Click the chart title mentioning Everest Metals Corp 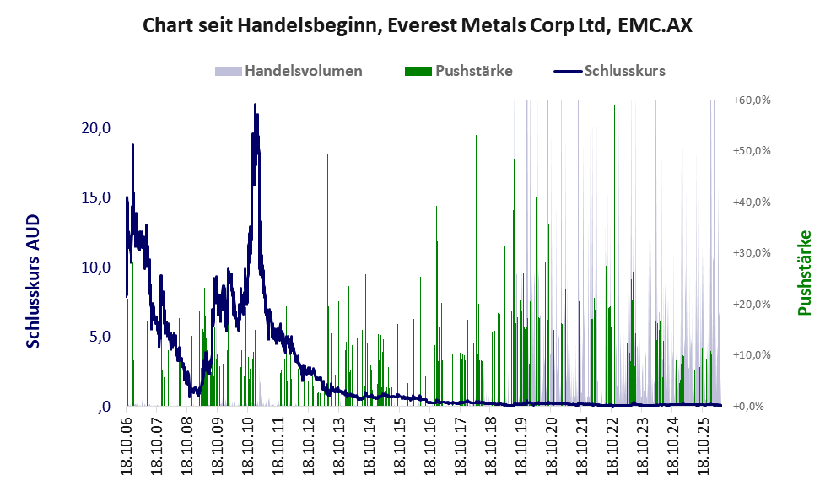click(418, 25)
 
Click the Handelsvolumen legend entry click(289, 71)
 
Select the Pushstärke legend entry click(459, 71)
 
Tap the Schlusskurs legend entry click(609, 71)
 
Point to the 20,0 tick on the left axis click(96, 128)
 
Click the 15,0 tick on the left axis click(96, 197)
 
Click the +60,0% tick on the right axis click(752, 100)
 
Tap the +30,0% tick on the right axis click(752, 253)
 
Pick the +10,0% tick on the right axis click(752, 354)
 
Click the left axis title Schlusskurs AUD click(33, 281)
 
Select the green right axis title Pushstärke click(804, 273)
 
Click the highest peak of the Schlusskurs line click(255, 105)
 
